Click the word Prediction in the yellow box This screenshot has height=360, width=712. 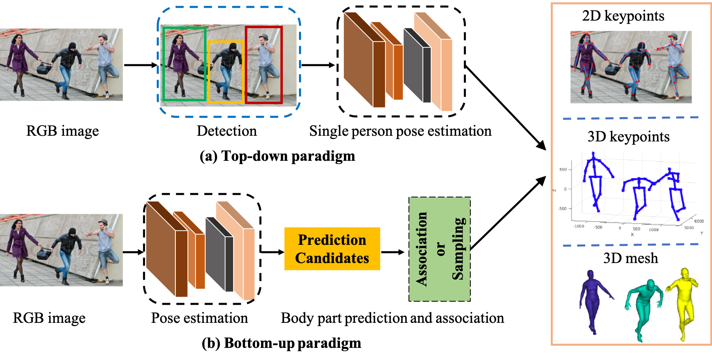pyautogui.click(x=332, y=240)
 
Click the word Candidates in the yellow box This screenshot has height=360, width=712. pyautogui.click(x=332, y=258)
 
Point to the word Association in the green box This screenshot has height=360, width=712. pyautogui.click(x=422, y=249)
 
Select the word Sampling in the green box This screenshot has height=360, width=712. pyautogui.click(x=458, y=249)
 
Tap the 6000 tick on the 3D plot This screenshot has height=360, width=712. pyautogui.click(x=699, y=221)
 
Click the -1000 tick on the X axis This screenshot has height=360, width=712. pyautogui.click(x=578, y=226)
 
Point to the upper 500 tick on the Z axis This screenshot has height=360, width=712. pyautogui.click(x=563, y=169)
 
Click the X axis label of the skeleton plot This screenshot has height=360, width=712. pyautogui.click(x=632, y=234)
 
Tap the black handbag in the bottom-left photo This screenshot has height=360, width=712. pyautogui.click(x=44, y=254)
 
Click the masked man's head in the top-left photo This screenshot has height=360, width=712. pyautogui.click(x=72, y=46)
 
